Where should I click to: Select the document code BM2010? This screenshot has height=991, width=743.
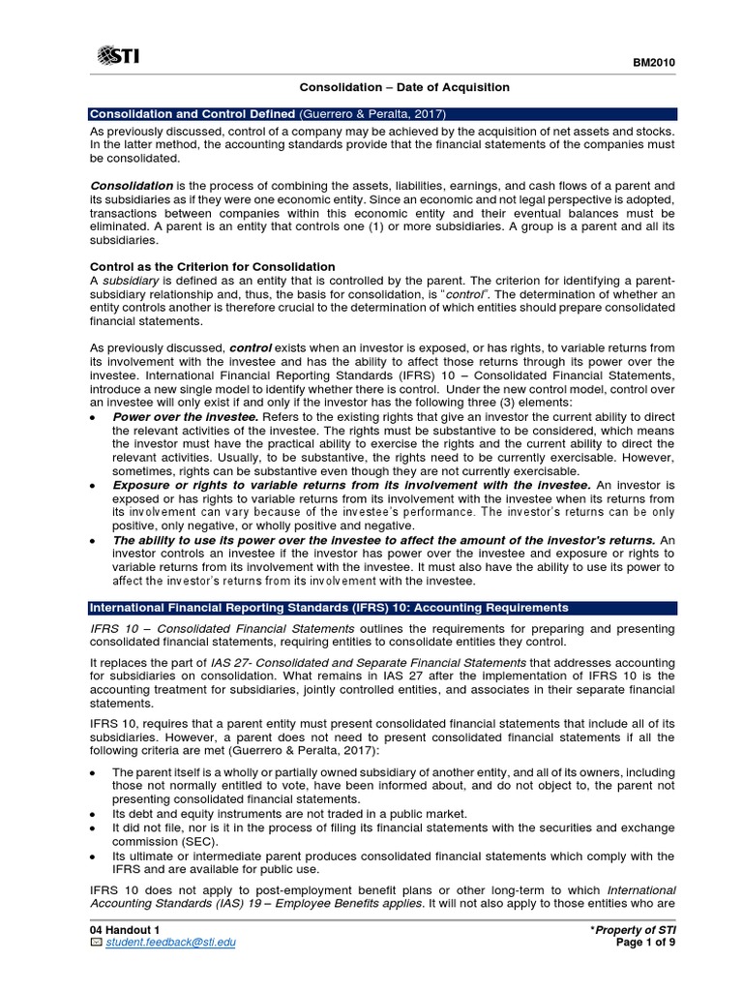tap(653, 63)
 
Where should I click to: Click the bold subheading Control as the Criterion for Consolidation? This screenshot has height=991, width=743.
tap(213, 266)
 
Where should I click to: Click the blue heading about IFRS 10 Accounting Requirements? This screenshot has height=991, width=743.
tap(329, 608)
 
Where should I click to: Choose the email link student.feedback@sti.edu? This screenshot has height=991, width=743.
tap(170, 942)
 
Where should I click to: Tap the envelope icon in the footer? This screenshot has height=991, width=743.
tap(95, 942)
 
